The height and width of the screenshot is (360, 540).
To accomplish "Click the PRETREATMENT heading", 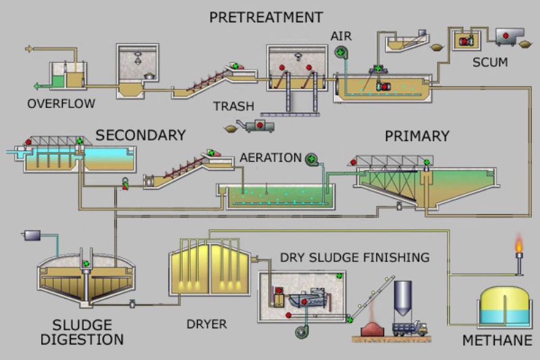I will [266, 17].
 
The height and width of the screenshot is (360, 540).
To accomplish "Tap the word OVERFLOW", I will [61, 103].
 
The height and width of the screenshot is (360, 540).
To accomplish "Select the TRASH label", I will [234, 106].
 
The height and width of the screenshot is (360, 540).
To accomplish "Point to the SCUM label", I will [490, 63].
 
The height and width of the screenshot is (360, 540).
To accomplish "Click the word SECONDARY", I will [140, 135].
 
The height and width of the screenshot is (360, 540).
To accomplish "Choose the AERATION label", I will [271, 157].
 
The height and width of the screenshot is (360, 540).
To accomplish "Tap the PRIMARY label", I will [416, 136].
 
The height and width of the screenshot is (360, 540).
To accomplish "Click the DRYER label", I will [207, 324].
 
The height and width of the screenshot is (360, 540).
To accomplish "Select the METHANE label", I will [497, 340].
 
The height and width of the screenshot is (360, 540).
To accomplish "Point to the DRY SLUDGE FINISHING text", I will [354, 257].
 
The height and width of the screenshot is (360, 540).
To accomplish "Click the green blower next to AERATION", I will [312, 159].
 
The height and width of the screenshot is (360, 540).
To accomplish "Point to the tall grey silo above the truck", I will [403, 298].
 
